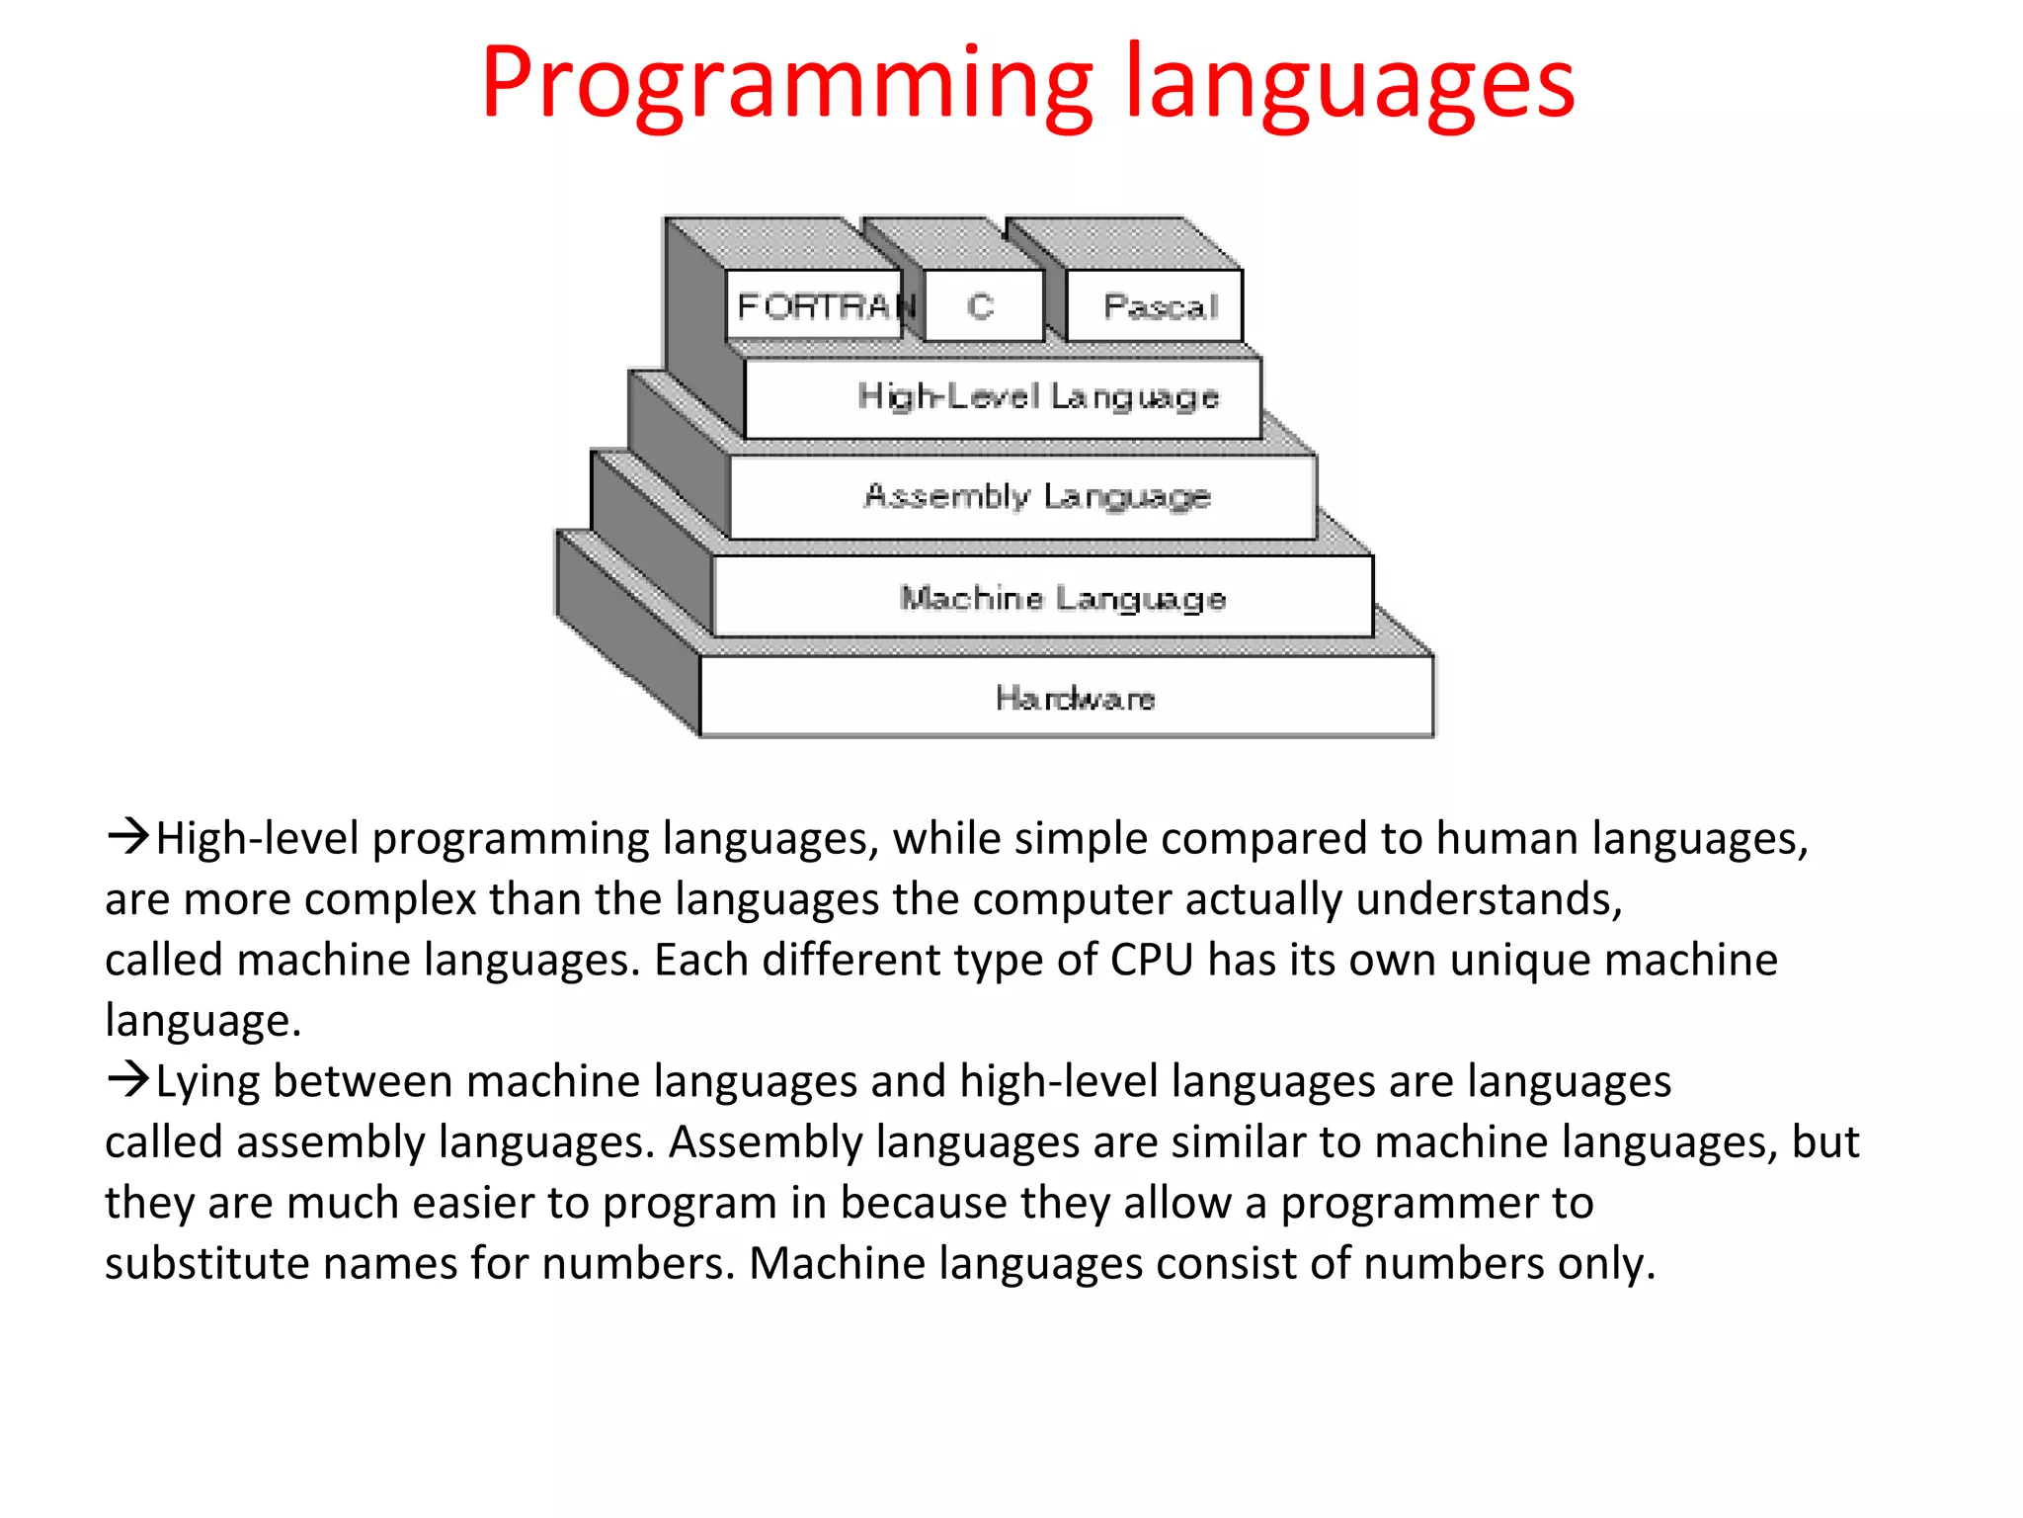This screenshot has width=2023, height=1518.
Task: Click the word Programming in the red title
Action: [x=786, y=87]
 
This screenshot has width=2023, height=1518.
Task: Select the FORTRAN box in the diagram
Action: [x=816, y=306]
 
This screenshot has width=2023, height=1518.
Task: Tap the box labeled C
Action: [x=981, y=306]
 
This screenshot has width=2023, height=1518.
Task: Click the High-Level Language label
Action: [x=1037, y=397]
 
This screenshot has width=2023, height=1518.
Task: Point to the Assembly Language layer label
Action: [x=1037, y=496]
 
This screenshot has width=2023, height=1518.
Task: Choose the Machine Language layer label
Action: [x=1063, y=598]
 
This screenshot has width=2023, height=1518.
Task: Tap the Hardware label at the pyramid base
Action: [x=1075, y=699]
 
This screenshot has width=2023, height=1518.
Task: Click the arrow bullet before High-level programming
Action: [x=128, y=837]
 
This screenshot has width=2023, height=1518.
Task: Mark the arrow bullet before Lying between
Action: [x=128, y=1079]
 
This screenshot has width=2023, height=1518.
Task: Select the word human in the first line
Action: [x=1506, y=839]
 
